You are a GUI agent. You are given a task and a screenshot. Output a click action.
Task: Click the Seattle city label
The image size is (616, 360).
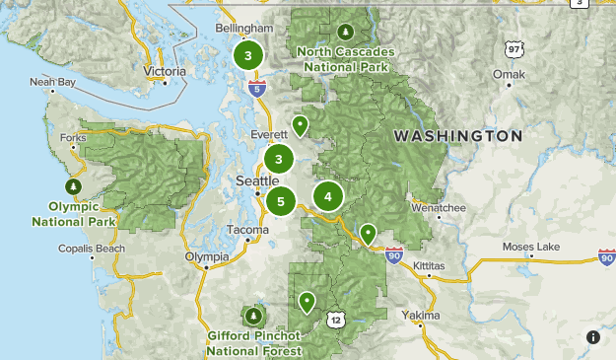click(257, 181)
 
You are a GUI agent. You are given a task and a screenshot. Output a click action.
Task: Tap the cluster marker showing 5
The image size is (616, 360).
click(281, 202)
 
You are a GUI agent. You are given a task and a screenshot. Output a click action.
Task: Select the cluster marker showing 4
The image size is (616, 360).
click(327, 196)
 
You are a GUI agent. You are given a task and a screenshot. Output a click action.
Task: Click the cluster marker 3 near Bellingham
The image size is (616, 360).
click(247, 56)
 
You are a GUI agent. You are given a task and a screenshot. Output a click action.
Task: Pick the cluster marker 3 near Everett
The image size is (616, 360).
click(280, 158)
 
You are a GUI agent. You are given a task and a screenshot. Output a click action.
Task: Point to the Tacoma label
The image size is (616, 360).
click(247, 230)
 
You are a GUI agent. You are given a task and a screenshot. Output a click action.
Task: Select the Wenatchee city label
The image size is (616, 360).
click(438, 208)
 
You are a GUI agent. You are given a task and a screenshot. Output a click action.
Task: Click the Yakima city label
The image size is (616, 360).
click(421, 316)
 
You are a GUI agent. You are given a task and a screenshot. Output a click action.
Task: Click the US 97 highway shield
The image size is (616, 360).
click(512, 48)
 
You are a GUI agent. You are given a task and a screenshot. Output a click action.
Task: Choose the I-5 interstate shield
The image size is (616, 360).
click(257, 89)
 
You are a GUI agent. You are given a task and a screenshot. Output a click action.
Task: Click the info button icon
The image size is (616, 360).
click(593, 337)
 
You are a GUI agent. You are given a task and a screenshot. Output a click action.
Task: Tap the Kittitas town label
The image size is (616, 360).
click(428, 265)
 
